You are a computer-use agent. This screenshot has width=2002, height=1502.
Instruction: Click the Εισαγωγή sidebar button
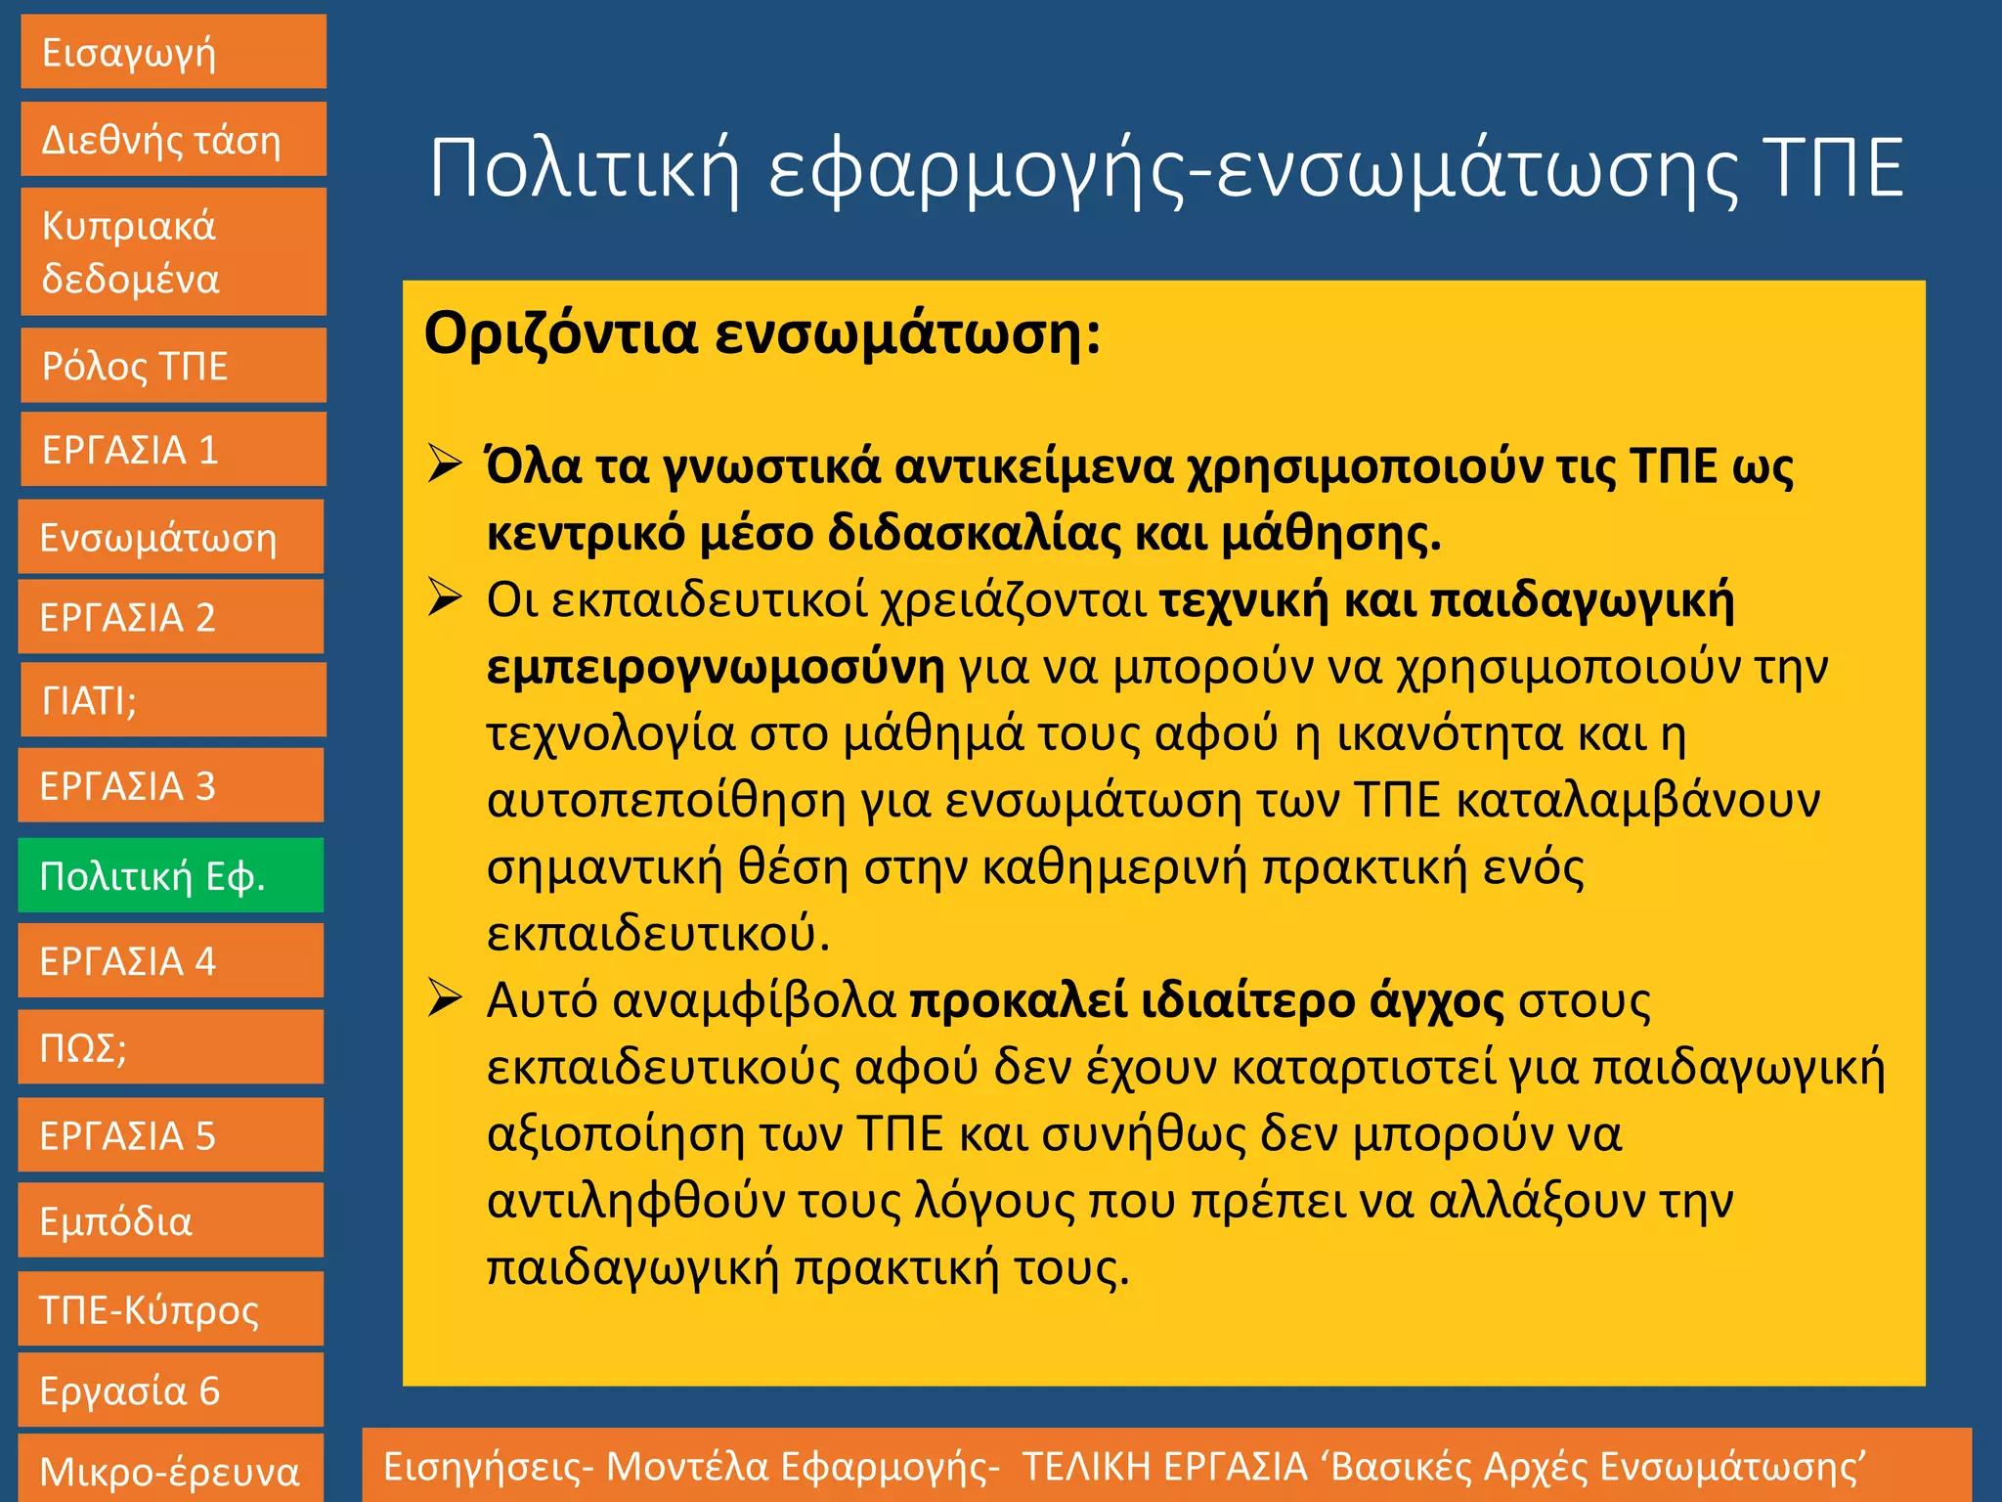[173, 52]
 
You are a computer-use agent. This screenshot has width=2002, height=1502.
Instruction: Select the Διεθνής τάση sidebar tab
[173, 140]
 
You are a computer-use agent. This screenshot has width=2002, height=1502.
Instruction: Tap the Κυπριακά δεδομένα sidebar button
[173, 252]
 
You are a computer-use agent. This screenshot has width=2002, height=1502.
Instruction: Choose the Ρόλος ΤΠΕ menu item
[173, 366]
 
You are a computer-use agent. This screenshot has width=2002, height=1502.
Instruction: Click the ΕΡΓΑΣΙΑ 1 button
[173, 450]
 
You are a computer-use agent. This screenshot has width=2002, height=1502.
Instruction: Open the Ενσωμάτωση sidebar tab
[170, 537]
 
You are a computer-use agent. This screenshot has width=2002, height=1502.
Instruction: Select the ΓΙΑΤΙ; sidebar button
[173, 700]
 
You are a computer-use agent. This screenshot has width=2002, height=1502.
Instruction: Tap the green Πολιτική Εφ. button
[170, 875]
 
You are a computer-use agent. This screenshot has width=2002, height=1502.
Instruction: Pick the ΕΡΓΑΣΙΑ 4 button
[170, 961]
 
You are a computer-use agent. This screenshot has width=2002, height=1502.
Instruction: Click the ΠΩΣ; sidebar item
[170, 1047]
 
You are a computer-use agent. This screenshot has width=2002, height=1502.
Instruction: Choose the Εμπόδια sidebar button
[170, 1221]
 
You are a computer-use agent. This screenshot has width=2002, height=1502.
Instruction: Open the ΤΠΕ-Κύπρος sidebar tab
[170, 1309]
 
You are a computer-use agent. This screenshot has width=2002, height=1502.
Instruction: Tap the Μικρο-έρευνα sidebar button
[170, 1470]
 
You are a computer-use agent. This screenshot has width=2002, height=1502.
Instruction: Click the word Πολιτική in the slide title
[584, 169]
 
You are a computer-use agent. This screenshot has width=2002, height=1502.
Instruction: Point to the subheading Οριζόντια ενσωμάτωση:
[762, 333]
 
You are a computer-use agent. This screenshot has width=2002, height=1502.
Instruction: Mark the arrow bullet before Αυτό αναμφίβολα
[445, 998]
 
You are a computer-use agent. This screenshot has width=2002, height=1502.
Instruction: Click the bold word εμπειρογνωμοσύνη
[716, 668]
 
